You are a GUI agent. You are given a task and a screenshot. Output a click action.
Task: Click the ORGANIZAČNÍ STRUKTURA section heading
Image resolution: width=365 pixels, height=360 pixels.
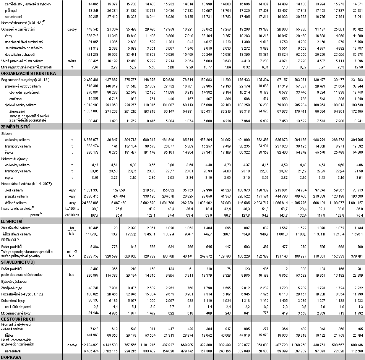tap(28, 73)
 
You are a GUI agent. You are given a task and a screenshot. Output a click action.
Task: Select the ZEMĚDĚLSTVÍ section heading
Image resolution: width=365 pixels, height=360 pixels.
tap(15, 126)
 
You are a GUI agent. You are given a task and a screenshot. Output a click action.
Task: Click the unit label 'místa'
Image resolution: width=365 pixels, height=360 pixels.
tap(71, 61)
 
